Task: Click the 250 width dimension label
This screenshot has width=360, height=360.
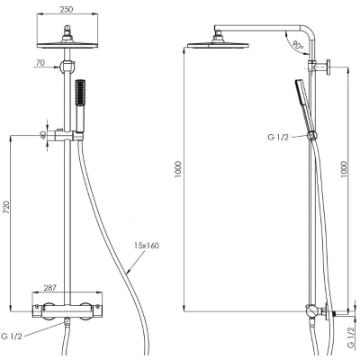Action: [x=67, y=9]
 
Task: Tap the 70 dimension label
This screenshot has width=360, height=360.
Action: [x=40, y=63]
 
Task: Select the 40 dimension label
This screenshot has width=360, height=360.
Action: [x=44, y=135]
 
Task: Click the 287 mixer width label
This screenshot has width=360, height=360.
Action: [x=50, y=288]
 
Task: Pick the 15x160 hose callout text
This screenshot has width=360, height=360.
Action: [x=146, y=246]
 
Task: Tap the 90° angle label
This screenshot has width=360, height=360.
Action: [x=298, y=46]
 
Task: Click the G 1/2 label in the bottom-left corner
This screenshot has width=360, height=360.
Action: [x=12, y=336]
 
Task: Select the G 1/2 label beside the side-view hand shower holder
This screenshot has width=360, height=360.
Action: [x=278, y=138]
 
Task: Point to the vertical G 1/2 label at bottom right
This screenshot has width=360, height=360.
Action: [x=350, y=337]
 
